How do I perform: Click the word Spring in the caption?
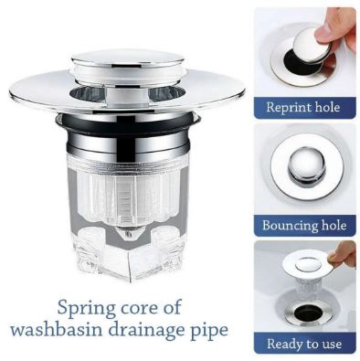[87, 308]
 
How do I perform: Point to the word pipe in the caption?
[210, 332]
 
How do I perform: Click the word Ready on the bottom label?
[284, 344]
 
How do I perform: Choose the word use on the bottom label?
[331, 345]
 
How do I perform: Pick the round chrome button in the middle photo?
[305, 166]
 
